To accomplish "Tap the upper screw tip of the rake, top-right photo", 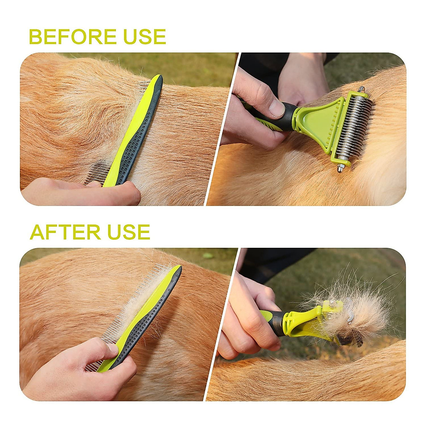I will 361,89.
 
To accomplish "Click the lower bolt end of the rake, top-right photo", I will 340,168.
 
